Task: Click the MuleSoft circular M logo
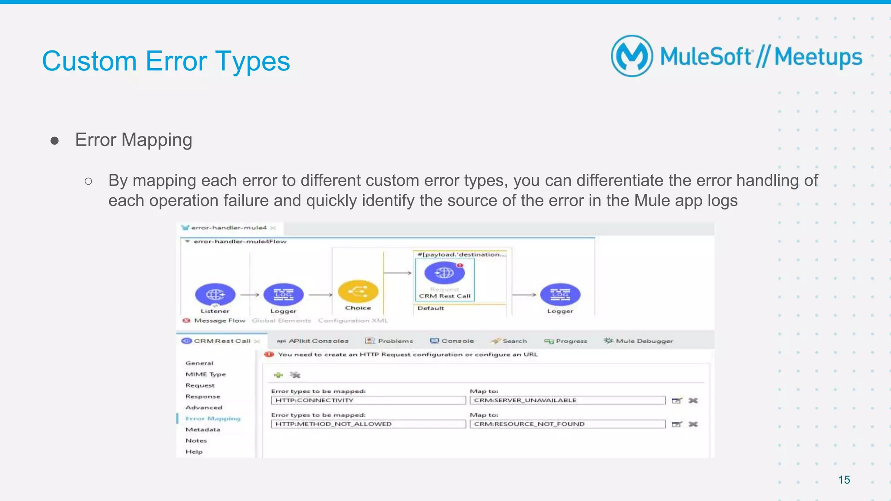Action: [x=632, y=56]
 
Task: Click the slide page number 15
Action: [x=844, y=480]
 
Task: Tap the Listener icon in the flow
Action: [x=215, y=295]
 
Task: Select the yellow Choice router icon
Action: [x=358, y=292]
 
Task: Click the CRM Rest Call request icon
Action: [x=444, y=273]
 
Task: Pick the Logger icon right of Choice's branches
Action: [x=560, y=295]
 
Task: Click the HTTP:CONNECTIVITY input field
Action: [x=368, y=400]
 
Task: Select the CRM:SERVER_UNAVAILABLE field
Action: [x=567, y=400]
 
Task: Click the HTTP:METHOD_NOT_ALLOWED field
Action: [x=368, y=424]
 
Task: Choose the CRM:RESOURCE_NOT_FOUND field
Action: [x=567, y=424]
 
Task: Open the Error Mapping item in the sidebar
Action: [x=213, y=418]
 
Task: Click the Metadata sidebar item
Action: [x=203, y=429]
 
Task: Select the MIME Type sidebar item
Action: [x=205, y=374]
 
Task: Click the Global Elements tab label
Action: [x=281, y=321]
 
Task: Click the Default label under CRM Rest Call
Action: [x=431, y=308]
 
